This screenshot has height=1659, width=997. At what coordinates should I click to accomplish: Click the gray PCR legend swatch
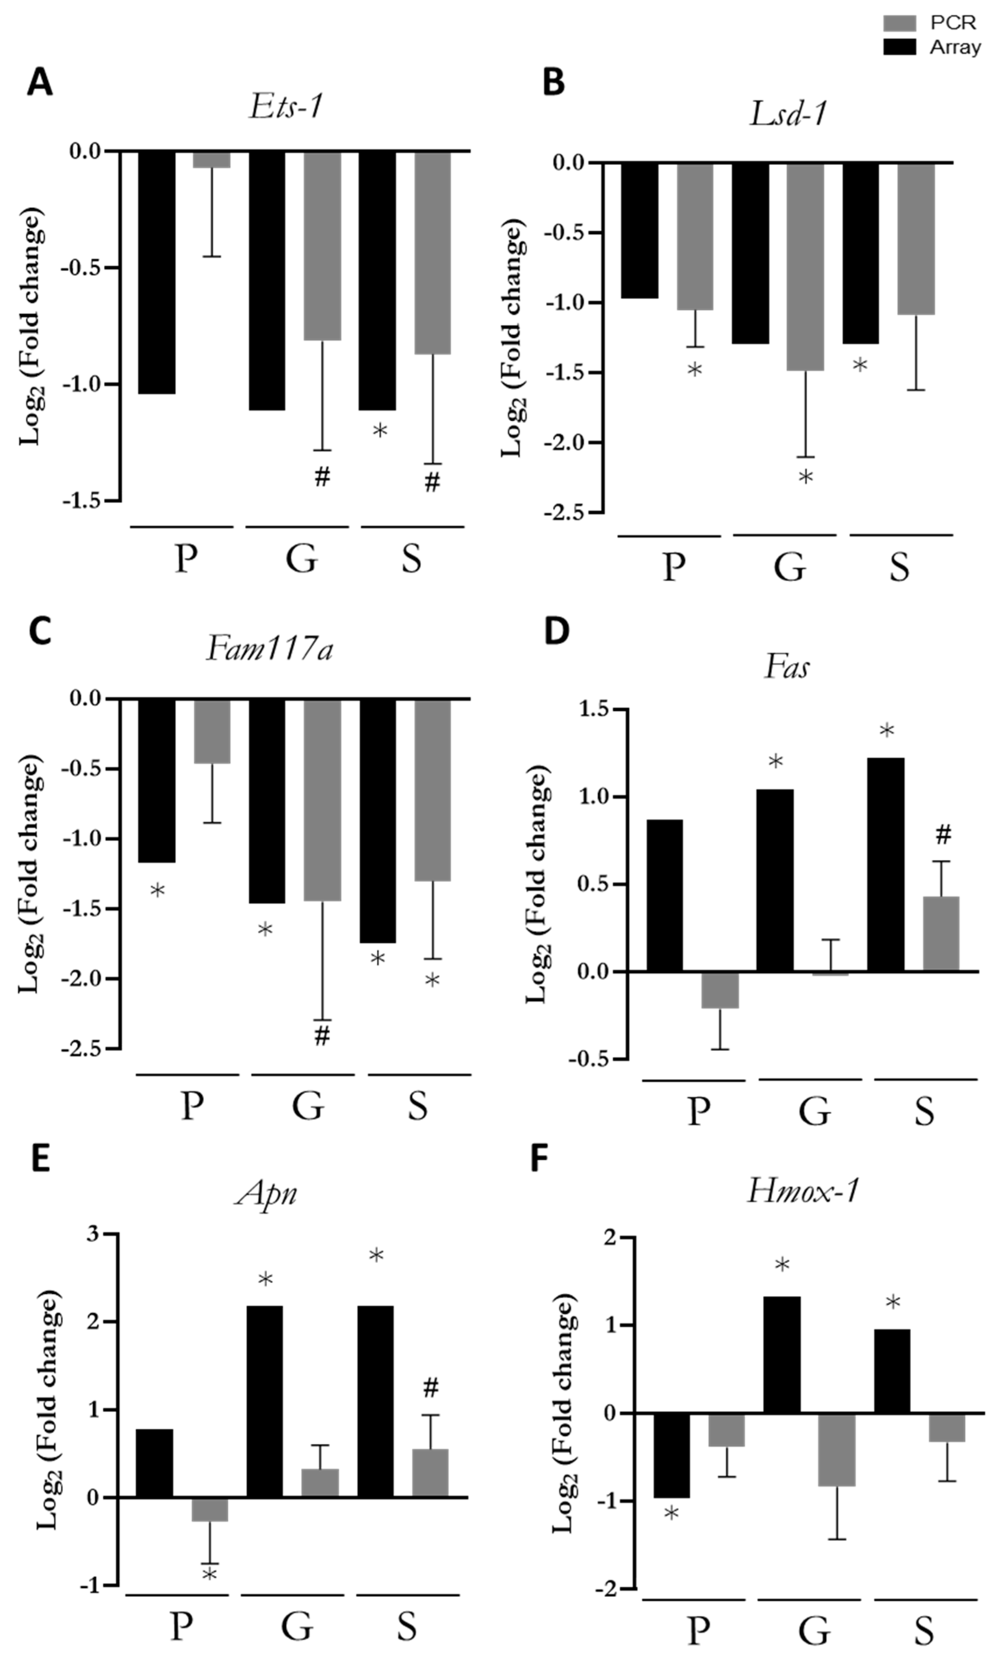pyautogui.click(x=899, y=23)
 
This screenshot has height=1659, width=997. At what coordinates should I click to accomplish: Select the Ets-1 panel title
pyautogui.click(x=286, y=106)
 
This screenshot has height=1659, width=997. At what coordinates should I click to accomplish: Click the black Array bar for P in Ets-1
pyautogui.click(x=157, y=272)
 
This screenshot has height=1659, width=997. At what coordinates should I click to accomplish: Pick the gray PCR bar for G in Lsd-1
pyautogui.click(x=805, y=266)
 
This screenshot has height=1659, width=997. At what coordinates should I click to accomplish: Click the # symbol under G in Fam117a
pyautogui.click(x=322, y=1035)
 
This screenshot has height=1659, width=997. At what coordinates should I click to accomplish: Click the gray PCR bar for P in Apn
pyautogui.click(x=210, y=1509)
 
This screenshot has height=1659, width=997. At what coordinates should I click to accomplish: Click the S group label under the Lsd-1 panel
pyautogui.click(x=899, y=567)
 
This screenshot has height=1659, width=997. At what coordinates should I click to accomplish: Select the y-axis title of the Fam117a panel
pyautogui.click(x=30, y=873)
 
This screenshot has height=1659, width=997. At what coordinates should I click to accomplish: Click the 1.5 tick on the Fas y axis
pyautogui.click(x=593, y=709)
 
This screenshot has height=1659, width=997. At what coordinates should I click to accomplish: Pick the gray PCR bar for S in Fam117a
pyautogui.click(x=432, y=790)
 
